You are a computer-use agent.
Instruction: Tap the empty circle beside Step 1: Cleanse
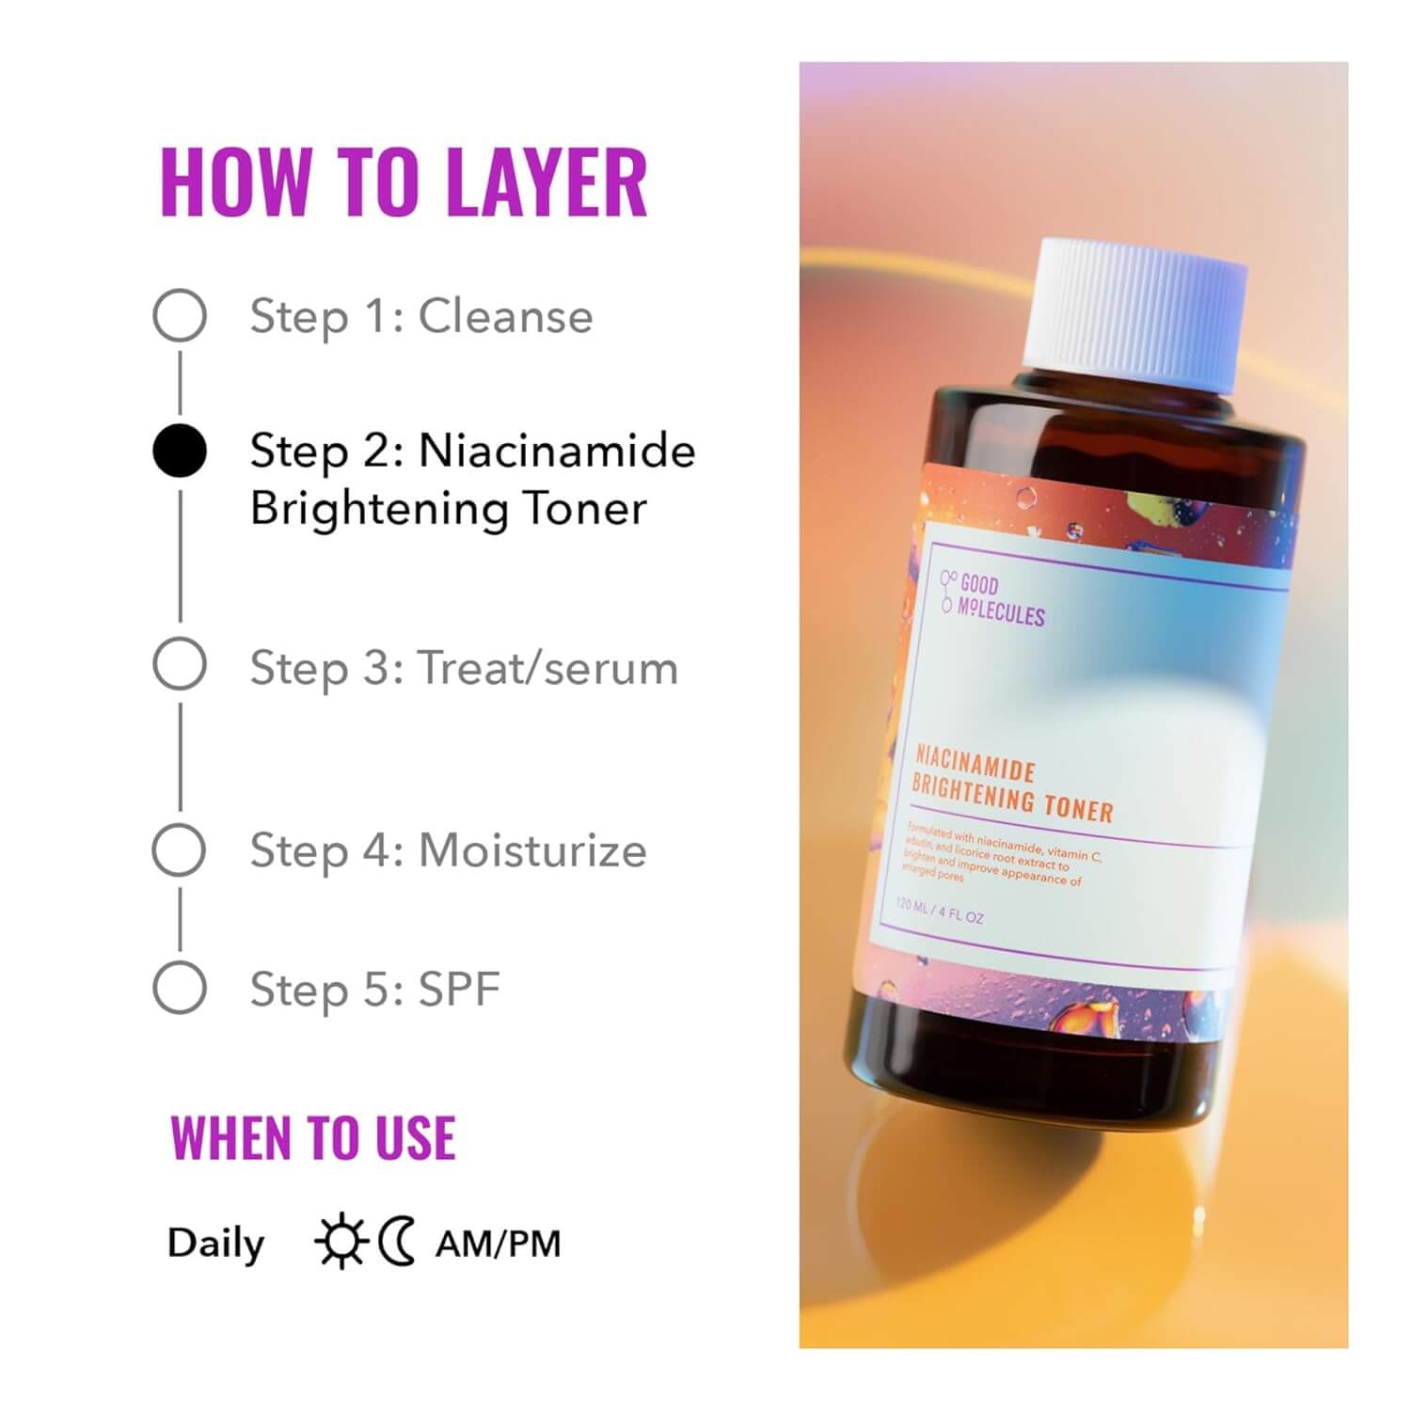click(180, 315)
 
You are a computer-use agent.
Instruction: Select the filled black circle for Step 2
click(180, 451)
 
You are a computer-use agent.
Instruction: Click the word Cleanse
click(505, 316)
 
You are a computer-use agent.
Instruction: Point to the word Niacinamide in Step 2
click(557, 451)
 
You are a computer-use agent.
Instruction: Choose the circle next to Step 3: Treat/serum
click(180, 664)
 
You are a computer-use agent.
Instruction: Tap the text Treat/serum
click(547, 669)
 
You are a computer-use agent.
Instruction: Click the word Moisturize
click(532, 850)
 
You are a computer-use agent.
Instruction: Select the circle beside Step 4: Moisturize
click(180, 850)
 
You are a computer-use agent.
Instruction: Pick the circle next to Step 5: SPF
click(180, 988)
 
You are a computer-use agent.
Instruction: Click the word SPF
click(459, 989)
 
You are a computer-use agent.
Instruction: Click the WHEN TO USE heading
click(313, 1138)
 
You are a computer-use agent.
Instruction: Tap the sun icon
click(341, 1242)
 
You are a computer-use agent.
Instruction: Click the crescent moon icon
click(397, 1242)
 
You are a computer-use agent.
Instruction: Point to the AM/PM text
click(498, 1244)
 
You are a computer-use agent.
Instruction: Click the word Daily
click(215, 1244)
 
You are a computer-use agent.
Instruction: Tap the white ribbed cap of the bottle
click(1134, 310)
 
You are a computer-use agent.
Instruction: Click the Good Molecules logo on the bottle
click(993, 599)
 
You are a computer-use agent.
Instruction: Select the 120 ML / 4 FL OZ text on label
click(939, 911)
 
